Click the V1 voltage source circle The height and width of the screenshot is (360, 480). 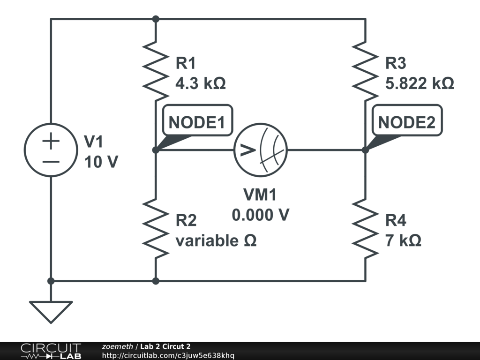pyautogui.click(x=51, y=150)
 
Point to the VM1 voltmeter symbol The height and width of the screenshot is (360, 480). pyautogui.click(x=261, y=150)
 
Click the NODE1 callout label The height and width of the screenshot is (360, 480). pyautogui.click(x=197, y=122)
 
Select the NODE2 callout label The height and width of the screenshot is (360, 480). pyautogui.click(x=406, y=122)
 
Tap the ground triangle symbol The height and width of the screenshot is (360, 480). pyautogui.click(x=51, y=311)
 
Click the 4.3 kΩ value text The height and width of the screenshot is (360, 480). pyautogui.click(x=200, y=83)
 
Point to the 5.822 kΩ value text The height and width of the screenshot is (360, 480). pyautogui.click(x=420, y=83)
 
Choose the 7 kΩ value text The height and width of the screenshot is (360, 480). pyautogui.click(x=403, y=241)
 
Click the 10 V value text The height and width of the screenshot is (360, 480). pyautogui.click(x=101, y=162)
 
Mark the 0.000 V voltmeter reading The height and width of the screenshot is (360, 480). pyautogui.click(x=261, y=215)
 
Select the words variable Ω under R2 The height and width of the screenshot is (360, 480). pyautogui.click(x=216, y=241)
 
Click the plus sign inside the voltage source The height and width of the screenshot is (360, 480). pyautogui.click(x=51, y=141)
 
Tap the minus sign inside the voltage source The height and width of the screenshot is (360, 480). pyautogui.click(x=51, y=162)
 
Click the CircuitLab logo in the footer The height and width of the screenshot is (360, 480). pyautogui.click(x=51, y=351)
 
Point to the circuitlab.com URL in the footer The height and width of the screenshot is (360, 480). pyautogui.click(x=168, y=355)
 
